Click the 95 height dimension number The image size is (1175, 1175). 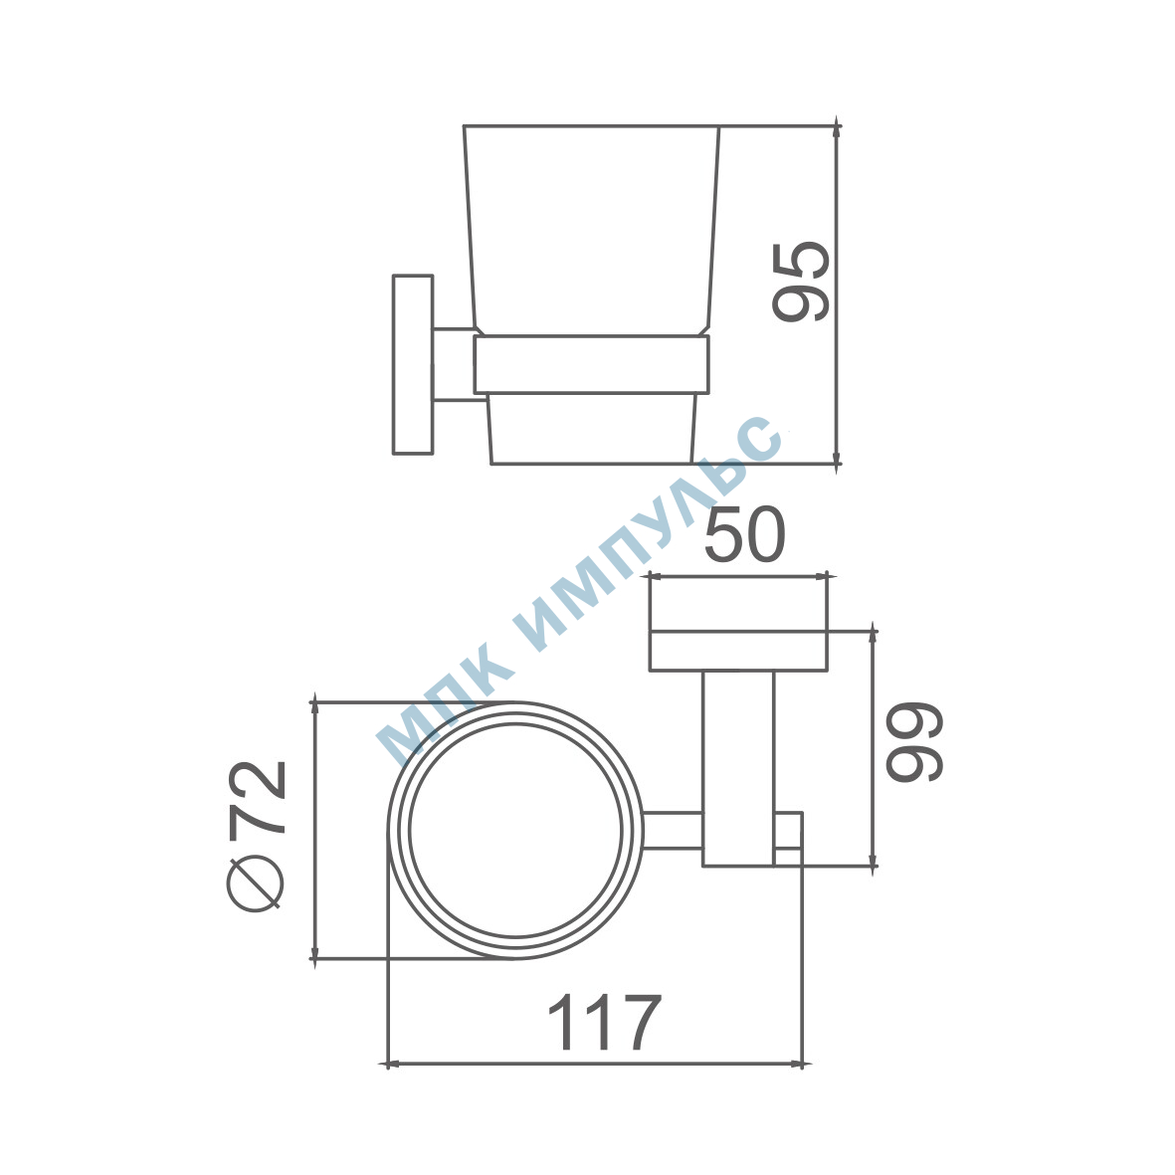[801, 282]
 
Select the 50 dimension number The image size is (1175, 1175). [745, 534]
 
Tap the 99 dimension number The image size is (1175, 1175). [914, 742]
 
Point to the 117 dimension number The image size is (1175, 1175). [606, 1022]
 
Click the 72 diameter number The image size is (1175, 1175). [257, 797]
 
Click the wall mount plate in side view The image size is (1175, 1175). [413, 364]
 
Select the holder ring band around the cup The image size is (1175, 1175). [591, 364]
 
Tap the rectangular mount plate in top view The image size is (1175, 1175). [738, 651]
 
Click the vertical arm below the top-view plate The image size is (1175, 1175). [738, 769]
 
